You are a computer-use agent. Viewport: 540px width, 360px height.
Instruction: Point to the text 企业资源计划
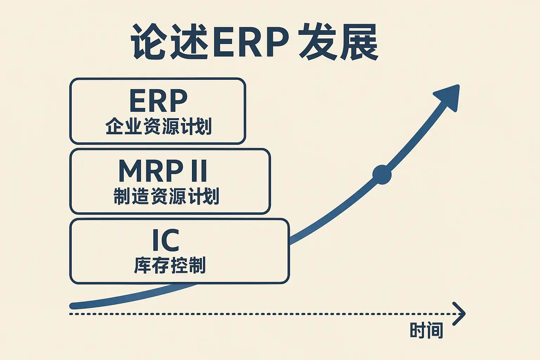158,127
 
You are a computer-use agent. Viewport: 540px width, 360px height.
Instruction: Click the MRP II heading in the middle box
163,171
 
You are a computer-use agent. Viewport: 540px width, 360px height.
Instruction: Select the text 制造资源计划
166,196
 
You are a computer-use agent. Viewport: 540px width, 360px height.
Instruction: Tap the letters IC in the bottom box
166,240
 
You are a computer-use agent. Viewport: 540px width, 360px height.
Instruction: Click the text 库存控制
170,265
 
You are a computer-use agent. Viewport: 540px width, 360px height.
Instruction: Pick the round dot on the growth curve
382,174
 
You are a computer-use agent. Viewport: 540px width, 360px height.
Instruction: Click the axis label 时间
426,330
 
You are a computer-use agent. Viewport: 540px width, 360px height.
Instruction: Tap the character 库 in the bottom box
143,265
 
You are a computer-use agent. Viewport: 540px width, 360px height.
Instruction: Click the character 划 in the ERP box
203,127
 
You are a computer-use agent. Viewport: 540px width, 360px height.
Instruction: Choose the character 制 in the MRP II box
122,196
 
